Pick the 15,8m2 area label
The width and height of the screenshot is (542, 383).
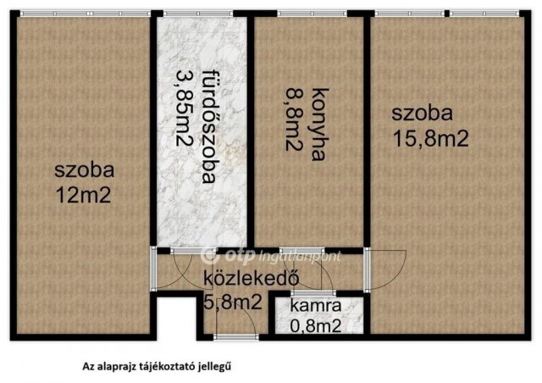click(430, 138)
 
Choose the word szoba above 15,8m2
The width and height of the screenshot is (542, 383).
click(421, 114)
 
